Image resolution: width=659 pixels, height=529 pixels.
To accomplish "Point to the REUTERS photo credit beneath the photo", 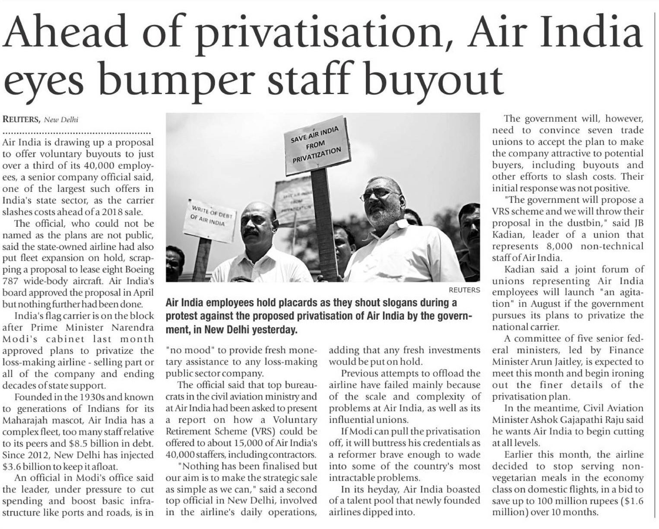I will tap(464, 290).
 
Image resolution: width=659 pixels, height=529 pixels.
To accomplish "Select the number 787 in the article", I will tap(11, 281).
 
